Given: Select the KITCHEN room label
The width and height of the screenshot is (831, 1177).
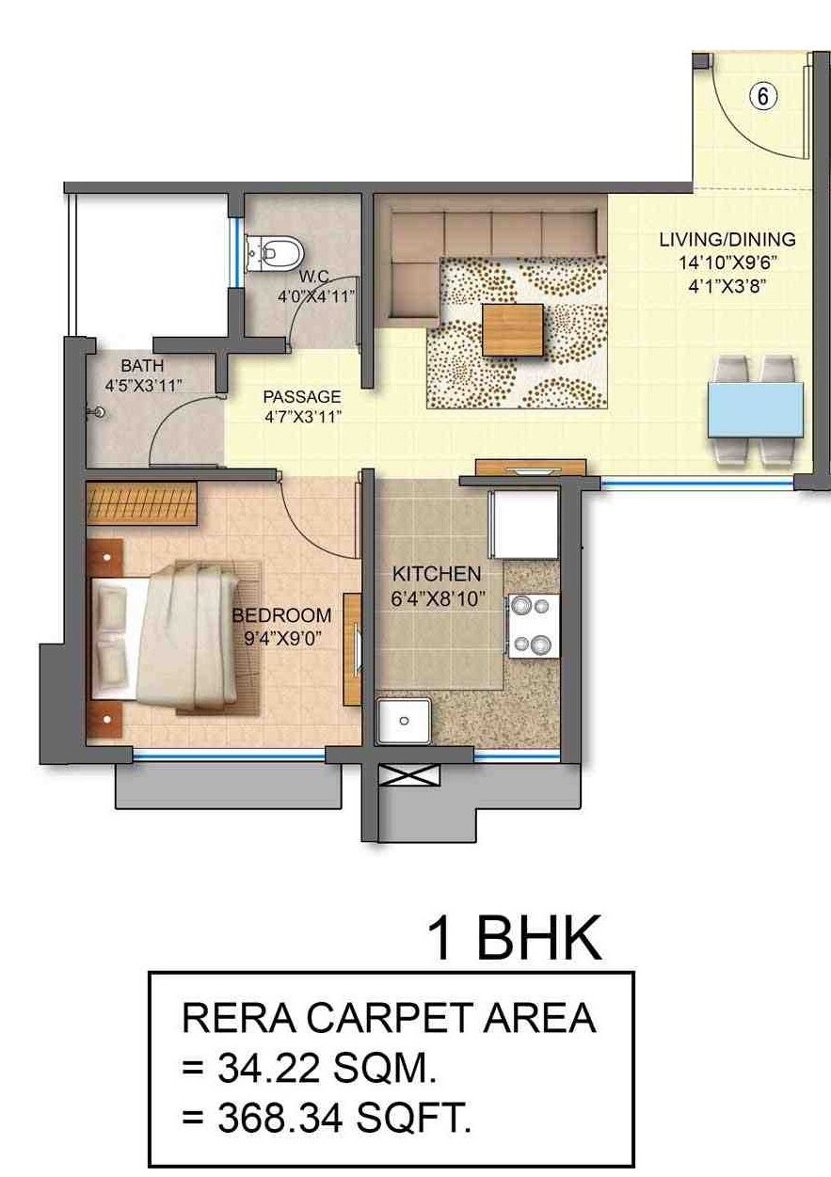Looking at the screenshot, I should point(437,573).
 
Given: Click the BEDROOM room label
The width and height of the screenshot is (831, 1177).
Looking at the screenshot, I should point(281,615).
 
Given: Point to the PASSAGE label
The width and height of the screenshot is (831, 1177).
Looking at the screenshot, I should point(301,397).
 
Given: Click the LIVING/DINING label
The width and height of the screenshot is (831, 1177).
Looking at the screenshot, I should point(727,239).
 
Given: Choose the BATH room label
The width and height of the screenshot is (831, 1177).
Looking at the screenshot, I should point(142,365).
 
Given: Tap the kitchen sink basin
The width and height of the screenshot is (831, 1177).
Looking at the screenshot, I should point(403,721).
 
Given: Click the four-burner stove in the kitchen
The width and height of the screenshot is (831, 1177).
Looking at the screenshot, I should point(533,626).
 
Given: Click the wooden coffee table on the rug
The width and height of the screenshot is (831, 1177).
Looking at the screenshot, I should point(513,329).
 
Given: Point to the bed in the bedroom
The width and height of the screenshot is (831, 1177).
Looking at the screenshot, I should point(169,635).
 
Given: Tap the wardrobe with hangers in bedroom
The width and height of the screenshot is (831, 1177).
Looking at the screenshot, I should point(141,503).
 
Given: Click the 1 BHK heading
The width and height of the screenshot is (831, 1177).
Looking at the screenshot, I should point(514,938).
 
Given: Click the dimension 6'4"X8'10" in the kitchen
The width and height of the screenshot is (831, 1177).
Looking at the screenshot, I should point(438,596).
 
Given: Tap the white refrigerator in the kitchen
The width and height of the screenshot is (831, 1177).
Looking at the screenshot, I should point(524,523).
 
